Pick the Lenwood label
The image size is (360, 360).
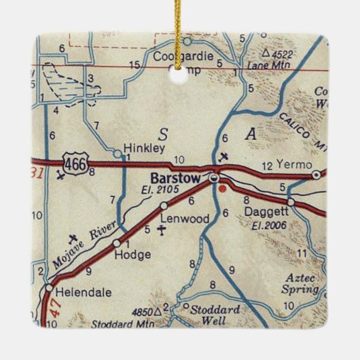[x=179, y=219]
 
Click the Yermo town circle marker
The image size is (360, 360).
[x=315, y=175]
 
